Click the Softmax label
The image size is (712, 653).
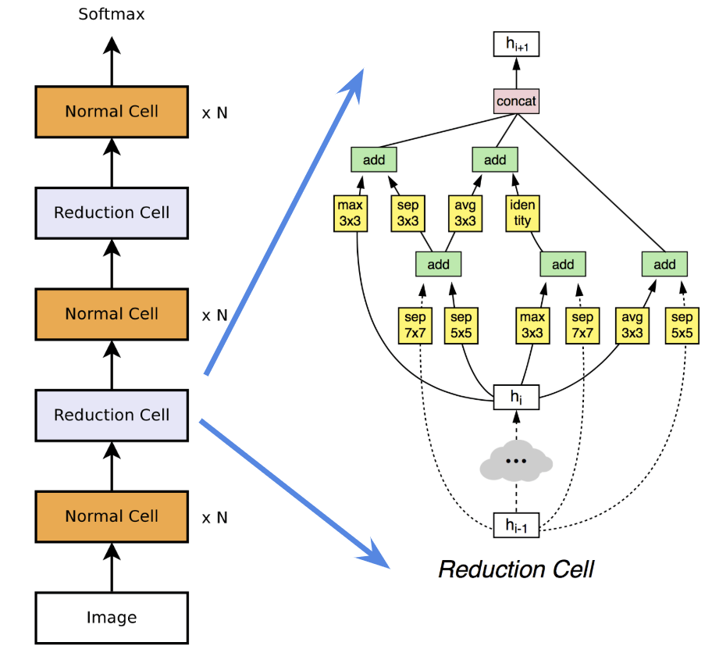pos(111,14)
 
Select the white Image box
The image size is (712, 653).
pos(112,617)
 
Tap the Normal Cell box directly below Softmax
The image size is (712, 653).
pos(112,111)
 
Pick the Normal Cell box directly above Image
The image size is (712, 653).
pos(112,516)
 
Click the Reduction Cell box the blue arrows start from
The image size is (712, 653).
pos(112,415)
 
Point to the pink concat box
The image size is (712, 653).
pos(515,101)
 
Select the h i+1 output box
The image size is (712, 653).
pos(515,45)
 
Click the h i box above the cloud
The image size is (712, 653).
pos(515,397)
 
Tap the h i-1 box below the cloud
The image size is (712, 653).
pos(515,526)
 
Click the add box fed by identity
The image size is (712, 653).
pos(495,160)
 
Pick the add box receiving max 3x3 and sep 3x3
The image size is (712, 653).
pos(373,160)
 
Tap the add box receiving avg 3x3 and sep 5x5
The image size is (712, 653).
pos(664,264)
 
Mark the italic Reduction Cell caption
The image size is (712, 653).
pos(516,569)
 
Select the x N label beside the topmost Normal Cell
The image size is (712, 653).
pos(215,112)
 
